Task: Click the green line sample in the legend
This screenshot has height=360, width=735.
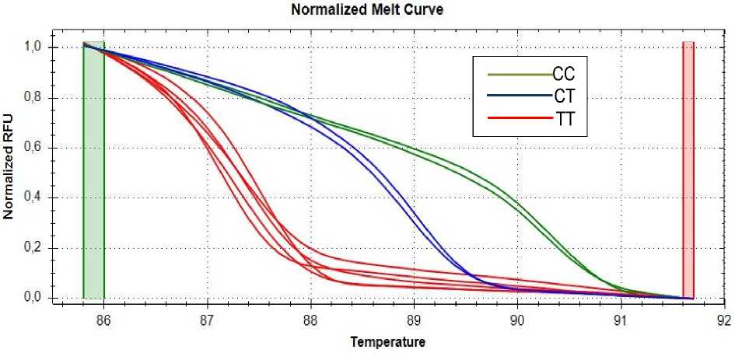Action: click(x=516, y=75)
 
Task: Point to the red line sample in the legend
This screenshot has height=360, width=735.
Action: click(x=516, y=121)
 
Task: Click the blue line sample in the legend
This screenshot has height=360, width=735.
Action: click(x=516, y=97)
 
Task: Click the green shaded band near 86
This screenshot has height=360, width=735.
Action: click(x=93, y=171)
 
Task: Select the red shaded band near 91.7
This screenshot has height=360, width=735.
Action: click(x=688, y=171)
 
